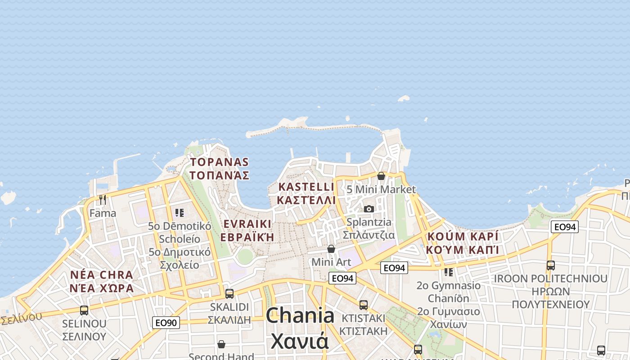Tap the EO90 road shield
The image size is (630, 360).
(166, 322)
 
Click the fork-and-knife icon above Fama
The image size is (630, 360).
(103, 199)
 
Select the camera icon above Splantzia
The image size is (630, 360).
(369, 209)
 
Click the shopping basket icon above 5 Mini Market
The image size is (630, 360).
(381, 176)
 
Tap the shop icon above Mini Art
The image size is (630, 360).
(331, 249)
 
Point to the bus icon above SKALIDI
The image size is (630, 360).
(229, 294)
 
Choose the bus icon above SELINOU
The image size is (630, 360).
(84, 310)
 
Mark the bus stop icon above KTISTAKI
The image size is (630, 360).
(364, 305)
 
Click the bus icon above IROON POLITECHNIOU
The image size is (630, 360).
(551, 265)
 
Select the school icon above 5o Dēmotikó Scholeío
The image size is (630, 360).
(180, 212)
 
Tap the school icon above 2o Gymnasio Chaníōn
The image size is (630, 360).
(449, 272)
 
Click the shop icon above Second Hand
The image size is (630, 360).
(221, 344)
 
